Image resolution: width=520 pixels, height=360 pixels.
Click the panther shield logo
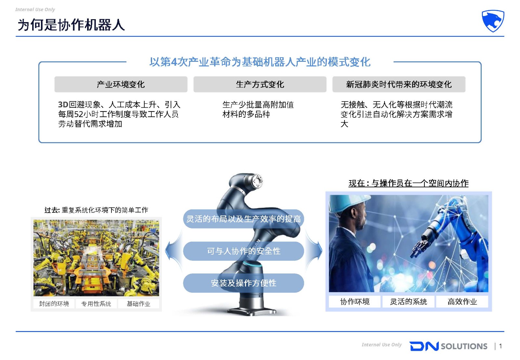pos(493,21)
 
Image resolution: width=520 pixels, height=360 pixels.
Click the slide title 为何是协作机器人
pos(71,25)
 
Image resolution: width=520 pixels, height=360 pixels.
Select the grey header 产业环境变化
pos(121,84)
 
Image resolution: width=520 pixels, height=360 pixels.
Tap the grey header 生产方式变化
pos(260,84)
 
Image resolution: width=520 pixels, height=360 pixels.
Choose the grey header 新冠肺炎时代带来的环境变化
pos(399,84)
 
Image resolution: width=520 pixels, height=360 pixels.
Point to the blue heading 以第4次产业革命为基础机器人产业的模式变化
pos(260,62)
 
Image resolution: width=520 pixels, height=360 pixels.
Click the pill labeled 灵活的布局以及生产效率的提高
pos(243,219)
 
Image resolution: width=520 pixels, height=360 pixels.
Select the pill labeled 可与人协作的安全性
pos(243,251)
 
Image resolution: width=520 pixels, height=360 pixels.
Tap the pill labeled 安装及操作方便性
pos(243,283)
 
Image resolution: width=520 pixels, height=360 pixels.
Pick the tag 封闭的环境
pos(54,303)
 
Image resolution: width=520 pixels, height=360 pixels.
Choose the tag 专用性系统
pos(96,303)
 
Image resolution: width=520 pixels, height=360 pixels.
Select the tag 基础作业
pos(138,303)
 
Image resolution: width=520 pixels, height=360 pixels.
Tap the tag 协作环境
pos(355,301)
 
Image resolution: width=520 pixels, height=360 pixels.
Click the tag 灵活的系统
pos(408,301)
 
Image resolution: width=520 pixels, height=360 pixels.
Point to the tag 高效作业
pos(462,301)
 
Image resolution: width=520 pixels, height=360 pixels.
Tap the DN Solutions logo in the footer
pos(448,346)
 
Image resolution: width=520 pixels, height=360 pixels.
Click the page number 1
pos(500,346)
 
